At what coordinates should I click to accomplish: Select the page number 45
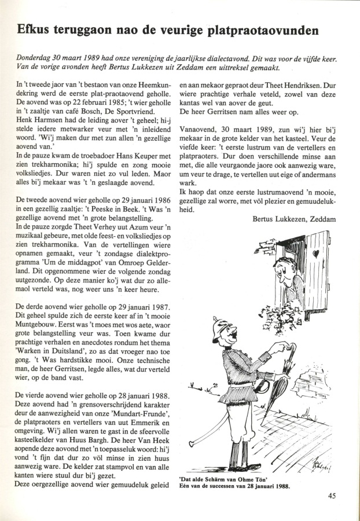click(331, 496)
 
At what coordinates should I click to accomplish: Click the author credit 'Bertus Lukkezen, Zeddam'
click(295, 218)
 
